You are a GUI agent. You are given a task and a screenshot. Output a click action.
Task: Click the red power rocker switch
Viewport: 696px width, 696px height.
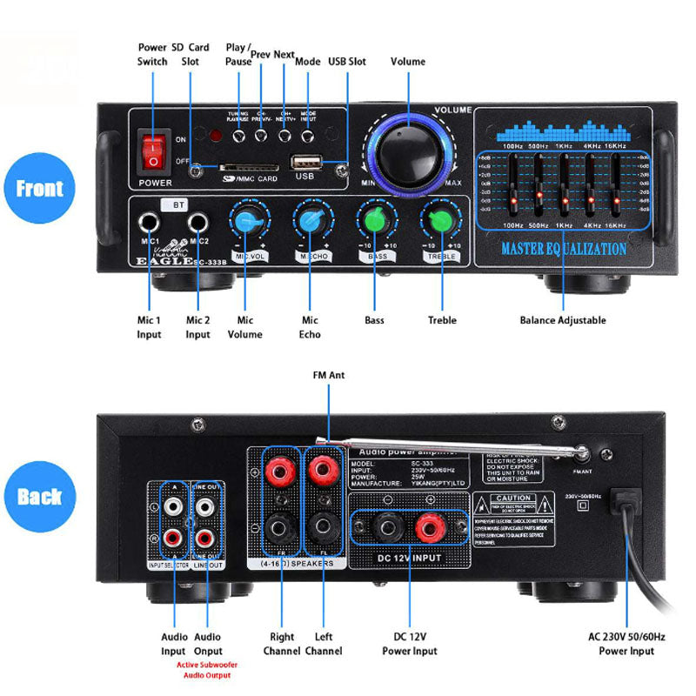(154, 151)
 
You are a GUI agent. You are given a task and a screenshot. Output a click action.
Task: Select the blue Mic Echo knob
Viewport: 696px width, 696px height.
(310, 221)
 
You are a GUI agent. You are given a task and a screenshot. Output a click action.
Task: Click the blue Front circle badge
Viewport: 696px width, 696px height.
(40, 188)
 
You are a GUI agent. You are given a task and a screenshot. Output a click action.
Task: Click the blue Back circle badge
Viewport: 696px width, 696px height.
(40, 497)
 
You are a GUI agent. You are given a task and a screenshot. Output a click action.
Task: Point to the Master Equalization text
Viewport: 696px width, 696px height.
(563, 250)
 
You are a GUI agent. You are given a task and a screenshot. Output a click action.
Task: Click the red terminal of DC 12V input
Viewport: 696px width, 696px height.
(428, 527)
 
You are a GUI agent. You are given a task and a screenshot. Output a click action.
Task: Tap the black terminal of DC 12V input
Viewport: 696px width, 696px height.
(383, 527)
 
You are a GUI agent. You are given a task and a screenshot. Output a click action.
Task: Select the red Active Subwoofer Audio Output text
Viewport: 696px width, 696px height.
(204, 670)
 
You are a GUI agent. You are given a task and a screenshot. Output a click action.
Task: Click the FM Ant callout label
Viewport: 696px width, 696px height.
(329, 376)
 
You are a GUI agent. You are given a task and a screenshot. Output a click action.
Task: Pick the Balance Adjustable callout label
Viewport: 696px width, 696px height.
(563, 320)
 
